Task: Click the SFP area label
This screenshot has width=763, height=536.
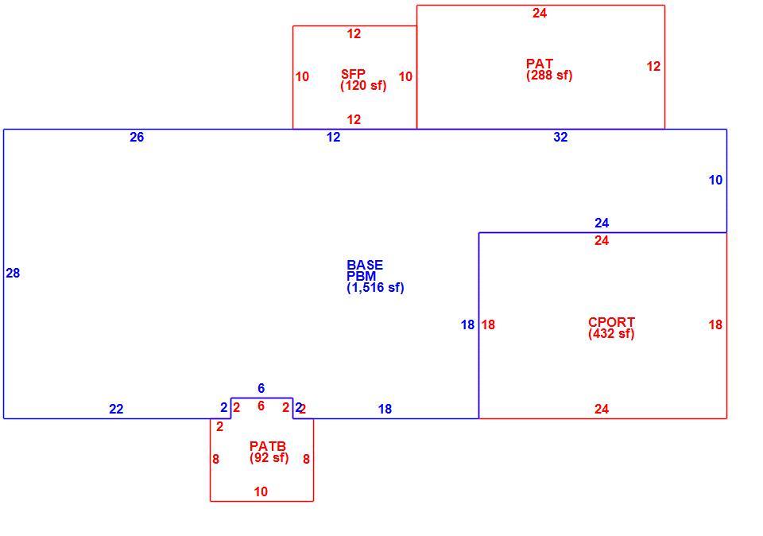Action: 353,74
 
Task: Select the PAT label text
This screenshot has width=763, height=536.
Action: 539,64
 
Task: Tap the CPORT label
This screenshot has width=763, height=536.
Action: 611,322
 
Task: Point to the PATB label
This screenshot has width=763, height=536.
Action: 268,446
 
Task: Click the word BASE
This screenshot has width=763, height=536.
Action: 365,266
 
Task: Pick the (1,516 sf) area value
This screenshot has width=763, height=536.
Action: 375,288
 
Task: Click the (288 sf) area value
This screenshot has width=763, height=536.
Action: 549,76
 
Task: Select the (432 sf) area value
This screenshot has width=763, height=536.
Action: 611,334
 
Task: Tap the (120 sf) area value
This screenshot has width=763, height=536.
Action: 363,86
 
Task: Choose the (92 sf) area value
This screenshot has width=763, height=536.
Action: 269,457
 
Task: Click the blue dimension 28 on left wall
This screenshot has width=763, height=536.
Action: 13,273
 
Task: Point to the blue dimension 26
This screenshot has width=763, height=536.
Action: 137,138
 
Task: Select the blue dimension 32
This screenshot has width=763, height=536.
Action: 560,138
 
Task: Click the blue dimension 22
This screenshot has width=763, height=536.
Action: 116,410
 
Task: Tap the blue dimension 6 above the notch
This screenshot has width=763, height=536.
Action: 261,388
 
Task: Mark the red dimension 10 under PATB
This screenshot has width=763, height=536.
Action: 261,491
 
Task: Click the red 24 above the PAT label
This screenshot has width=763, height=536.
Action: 540,14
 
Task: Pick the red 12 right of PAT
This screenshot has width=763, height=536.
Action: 653,66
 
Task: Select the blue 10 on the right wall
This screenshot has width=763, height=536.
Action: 715,181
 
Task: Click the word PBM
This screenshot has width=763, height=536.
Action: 362,276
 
